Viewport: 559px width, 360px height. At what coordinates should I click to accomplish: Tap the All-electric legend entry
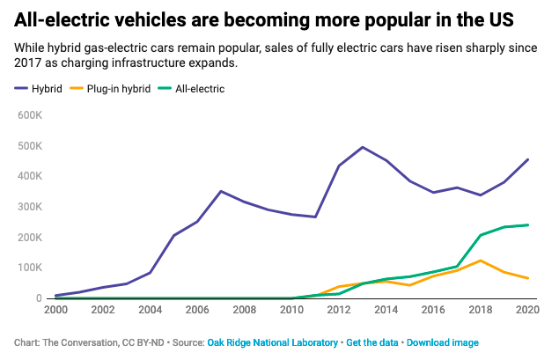(x=201, y=88)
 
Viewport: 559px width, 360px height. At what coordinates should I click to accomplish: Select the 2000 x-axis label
(x=56, y=310)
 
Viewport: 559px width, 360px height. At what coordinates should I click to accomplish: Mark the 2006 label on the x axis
(x=196, y=310)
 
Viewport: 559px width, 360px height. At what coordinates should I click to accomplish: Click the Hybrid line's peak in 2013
(x=363, y=147)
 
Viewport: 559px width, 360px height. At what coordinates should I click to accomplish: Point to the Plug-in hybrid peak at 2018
(x=480, y=261)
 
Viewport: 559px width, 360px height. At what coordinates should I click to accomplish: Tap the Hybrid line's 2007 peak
(x=221, y=191)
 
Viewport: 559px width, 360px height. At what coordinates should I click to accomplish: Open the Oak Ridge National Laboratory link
(x=272, y=342)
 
